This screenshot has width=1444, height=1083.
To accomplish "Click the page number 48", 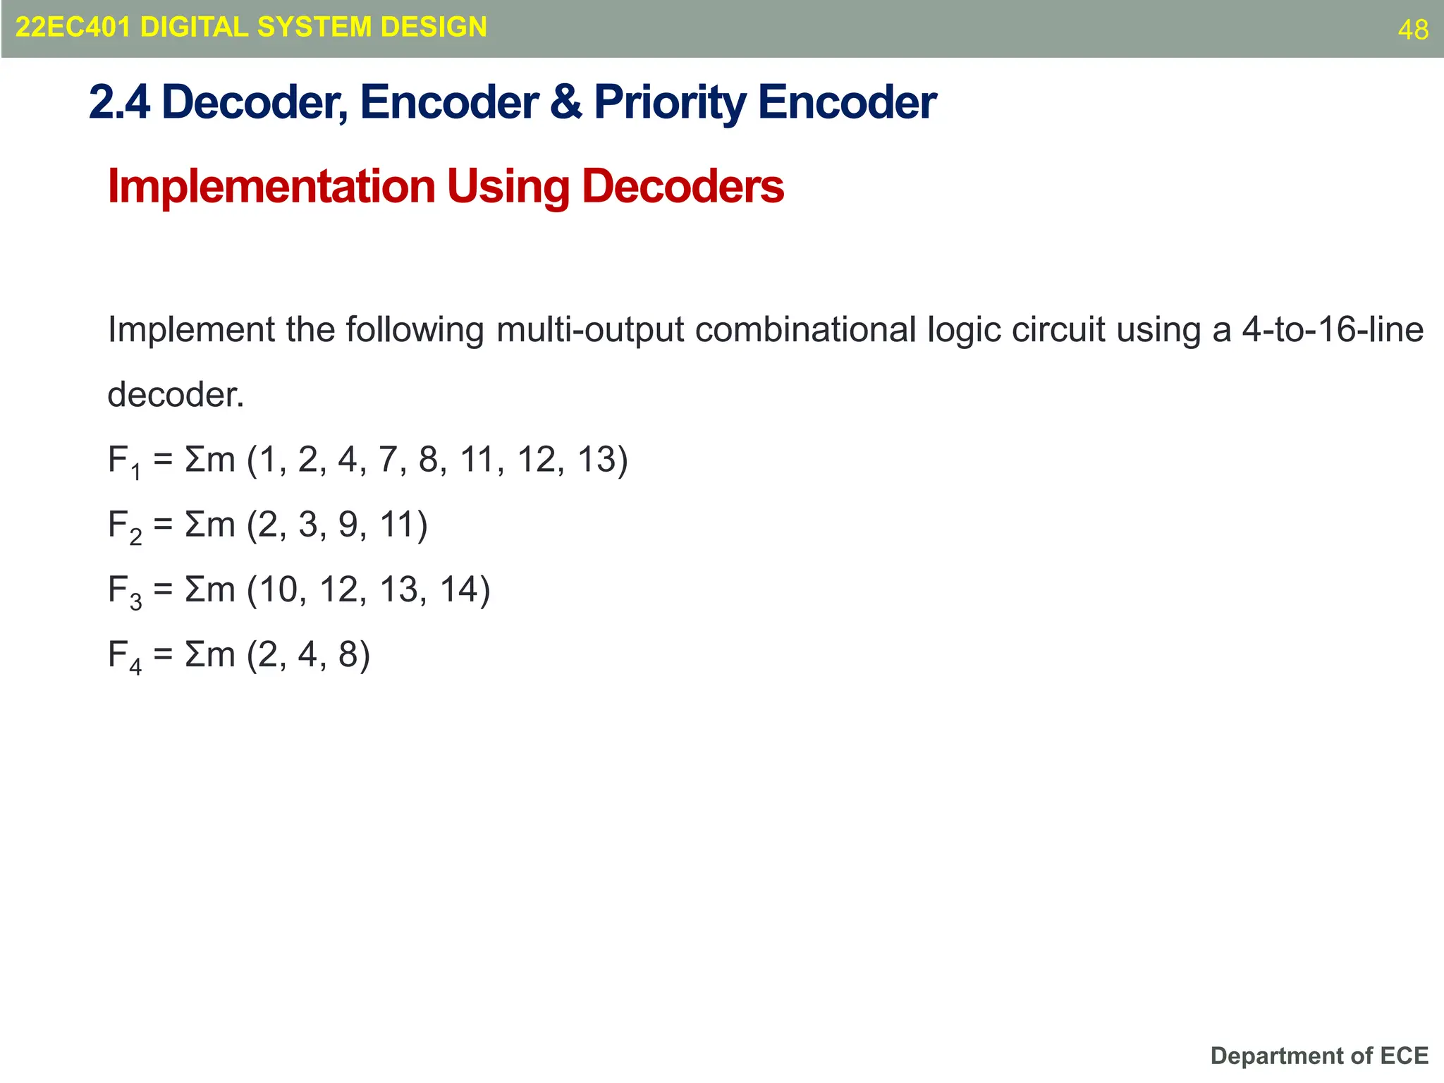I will [x=1413, y=30].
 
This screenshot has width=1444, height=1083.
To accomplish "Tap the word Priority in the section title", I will [x=669, y=103].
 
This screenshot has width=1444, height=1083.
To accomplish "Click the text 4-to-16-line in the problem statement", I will [x=1333, y=329].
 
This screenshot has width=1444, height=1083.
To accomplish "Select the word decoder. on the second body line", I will [x=176, y=394].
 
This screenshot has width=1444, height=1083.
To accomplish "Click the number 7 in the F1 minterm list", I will [x=388, y=459].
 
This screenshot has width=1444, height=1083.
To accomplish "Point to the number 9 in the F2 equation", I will [x=348, y=525].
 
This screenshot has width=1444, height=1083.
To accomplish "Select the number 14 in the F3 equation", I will [x=459, y=589].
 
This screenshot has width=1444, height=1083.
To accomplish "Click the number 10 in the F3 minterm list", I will [x=278, y=589].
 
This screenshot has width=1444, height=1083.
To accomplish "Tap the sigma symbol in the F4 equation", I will [x=193, y=654].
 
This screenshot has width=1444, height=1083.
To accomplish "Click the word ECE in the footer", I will [x=1404, y=1056].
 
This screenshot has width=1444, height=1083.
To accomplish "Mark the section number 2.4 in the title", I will [x=119, y=103].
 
